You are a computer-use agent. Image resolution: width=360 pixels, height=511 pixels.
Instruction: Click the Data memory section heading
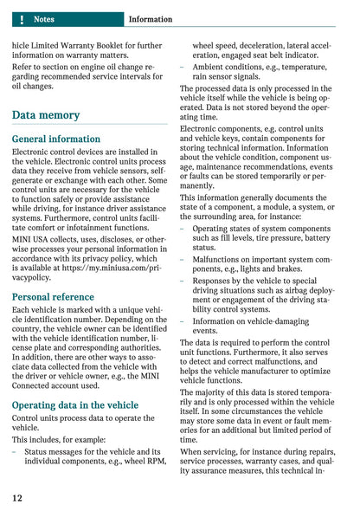[x=46, y=115]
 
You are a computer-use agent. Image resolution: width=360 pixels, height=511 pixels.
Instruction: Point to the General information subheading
[x=56, y=139]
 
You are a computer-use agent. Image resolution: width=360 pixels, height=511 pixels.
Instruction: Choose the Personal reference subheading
[x=54, y=296]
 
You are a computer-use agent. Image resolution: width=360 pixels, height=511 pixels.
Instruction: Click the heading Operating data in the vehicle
[x=74, y=404]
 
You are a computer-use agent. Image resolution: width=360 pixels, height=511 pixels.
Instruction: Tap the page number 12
[x=17, y=498]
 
